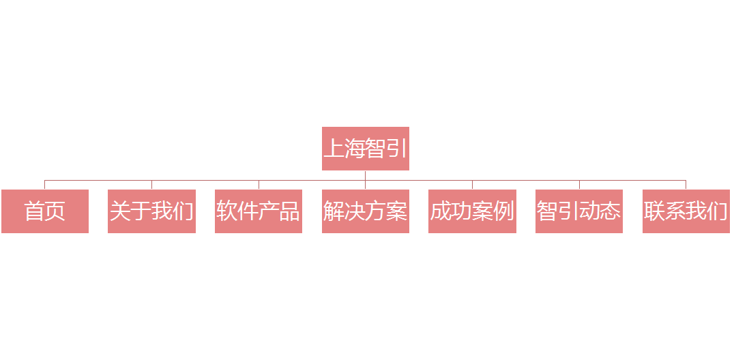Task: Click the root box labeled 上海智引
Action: point(365,148)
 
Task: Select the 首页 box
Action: point(44,211)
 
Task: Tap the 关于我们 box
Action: point(151,211)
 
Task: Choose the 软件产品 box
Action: point(258,211)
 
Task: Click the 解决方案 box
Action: point(365,211)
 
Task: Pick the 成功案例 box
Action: point(472,211)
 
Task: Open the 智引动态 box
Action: point(578,211)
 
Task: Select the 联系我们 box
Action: point(686,211)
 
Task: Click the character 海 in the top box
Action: point(355,149)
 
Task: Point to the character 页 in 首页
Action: point(55,211)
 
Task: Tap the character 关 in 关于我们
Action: point(120,211)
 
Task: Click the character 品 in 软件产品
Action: point(289,211)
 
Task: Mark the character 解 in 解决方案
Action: point(334,211)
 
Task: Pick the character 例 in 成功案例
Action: point(503,211)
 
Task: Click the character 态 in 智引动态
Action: point(611,211)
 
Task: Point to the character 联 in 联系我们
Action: point(654,211)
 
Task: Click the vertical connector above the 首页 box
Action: point(44,185)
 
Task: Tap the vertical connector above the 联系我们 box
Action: point(686,185)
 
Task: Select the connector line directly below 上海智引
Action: point(365,175)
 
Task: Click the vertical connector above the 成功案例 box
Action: point(472,185)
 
